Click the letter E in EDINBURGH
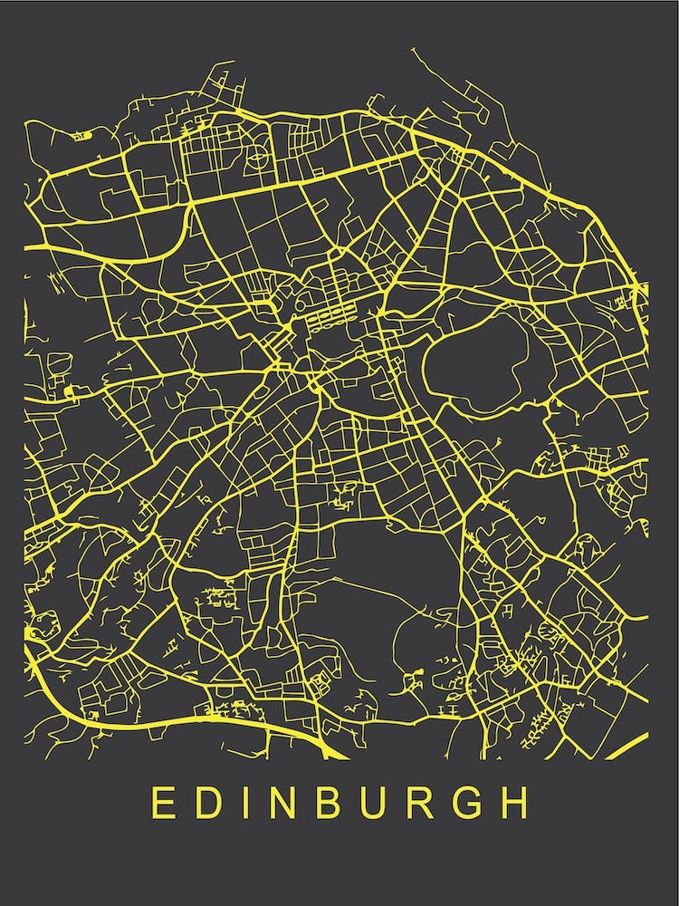[x=162, y=803]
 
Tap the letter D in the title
[x=209, y=803]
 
